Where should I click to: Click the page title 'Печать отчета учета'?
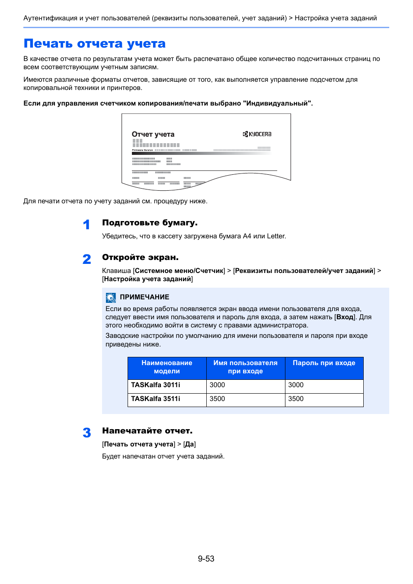click(x=95, y=44)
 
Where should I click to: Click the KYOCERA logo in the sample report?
click(x=257, y=134)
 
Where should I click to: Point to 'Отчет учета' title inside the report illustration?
click(x=153, y=135)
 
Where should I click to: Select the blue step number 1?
click(x=86, y=225)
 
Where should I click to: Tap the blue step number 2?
click(x=87, y=259)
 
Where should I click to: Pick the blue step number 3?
click(x=87, y=433)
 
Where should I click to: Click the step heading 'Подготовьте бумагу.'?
click(x=150, y=223)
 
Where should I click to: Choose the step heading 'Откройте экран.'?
click(x=140, y=257)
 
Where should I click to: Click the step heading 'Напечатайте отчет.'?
click(x=147, y=431)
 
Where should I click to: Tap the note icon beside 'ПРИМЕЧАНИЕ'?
click(x=111, y=298)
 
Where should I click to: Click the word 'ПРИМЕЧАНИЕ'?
click(x=144, y=297)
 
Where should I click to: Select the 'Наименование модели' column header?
click(x=167, y=367)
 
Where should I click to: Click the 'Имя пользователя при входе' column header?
click(x=245, y=367)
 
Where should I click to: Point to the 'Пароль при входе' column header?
click(x=324, y=363)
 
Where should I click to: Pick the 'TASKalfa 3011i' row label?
click(x=156, y=385)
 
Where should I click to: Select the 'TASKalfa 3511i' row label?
click(x=156, y=399)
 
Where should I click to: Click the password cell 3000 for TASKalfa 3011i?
click(x=296, y=385)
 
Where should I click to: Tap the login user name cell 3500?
click(x=217, y=399)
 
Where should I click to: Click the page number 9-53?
click(x=206, y=559)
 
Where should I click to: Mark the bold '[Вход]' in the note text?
click(x=345, y=317)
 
